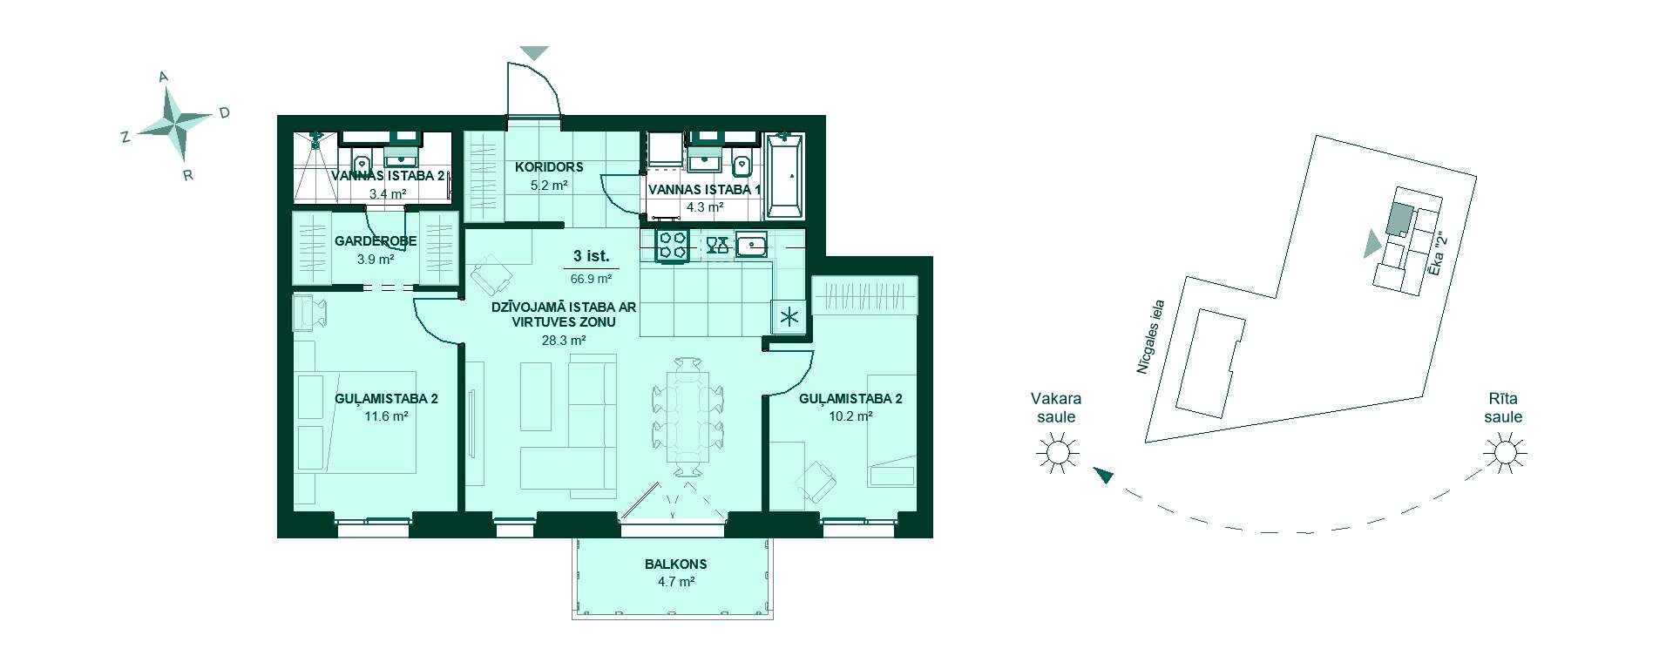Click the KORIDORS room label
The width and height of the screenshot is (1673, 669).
(x=549, y=167)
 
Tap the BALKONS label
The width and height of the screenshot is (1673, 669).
(x=676, y=564)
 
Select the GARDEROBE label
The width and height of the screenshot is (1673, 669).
(x=376, y=241)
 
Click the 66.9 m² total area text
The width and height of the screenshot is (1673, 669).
(x=591, y=279)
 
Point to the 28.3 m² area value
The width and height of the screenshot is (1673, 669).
(x=564, y=341)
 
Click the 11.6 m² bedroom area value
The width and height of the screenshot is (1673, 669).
(x=387, y=416)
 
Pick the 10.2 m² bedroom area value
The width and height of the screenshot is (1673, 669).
(x=851, y=416)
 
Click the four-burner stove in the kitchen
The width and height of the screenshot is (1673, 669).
(x=673, y=246)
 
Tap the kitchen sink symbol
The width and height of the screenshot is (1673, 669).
(x=751, y=246)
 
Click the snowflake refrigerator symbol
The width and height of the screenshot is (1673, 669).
(x=790, y=317)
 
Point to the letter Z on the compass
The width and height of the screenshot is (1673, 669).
(x=125, y=137)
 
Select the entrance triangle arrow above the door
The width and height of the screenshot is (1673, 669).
(x=534, y=53)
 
